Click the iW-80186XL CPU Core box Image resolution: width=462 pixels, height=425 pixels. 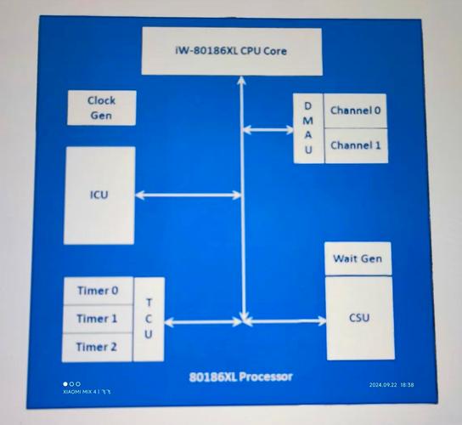[232, 51]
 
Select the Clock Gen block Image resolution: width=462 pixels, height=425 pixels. [102, 108]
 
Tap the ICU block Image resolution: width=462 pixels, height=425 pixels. [99, 195]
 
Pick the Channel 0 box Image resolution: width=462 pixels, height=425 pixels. [355, 110]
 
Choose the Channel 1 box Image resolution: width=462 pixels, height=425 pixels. [356, 145]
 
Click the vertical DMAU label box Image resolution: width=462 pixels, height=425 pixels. [308, 128]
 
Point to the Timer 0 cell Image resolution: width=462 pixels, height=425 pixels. [99, 291]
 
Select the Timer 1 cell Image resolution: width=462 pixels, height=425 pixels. [98, 319]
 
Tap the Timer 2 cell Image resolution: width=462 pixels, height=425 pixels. [97, 347]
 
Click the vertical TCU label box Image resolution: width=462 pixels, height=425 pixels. [149, 319]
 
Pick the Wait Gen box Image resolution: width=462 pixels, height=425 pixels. [358, 259]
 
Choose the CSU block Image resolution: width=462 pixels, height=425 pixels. [360, 318]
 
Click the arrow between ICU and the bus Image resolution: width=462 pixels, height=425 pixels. [189, 195]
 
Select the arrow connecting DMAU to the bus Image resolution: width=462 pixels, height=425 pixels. [268, 129]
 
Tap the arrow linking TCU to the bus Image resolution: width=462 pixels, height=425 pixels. [203, 322]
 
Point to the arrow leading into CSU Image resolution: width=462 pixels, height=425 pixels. [285, 321]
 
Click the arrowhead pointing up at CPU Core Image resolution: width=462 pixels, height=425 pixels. [241, 81]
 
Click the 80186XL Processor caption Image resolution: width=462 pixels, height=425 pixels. [240, 377]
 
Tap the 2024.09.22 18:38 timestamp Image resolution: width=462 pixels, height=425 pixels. [392, 385]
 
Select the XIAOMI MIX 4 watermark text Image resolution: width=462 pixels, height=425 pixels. [87, 392]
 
